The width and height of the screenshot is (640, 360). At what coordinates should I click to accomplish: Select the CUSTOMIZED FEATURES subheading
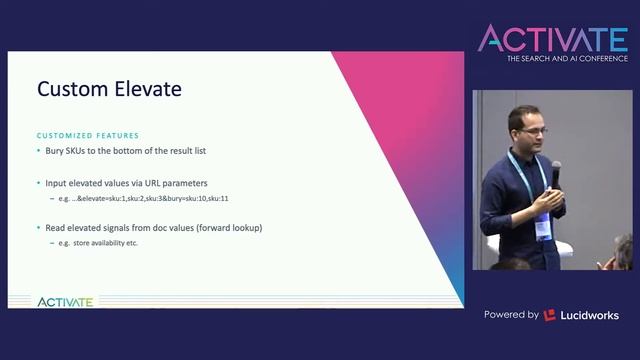tap(88, 135)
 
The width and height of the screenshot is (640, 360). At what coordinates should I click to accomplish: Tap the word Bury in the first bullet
tap(56, 150)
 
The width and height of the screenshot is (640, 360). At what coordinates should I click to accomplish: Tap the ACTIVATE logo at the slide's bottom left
tap(65, 301)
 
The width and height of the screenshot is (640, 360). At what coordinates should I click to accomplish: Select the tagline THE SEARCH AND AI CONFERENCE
tap(566, 60)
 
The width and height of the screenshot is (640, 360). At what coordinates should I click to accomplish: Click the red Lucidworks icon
tap(550, 315)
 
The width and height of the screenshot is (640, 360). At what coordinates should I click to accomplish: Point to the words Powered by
tap(512, 315)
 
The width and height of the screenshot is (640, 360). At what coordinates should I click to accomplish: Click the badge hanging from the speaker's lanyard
tap(542, 227)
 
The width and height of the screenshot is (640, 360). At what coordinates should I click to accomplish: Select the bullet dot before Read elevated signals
tap(39, 228)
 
